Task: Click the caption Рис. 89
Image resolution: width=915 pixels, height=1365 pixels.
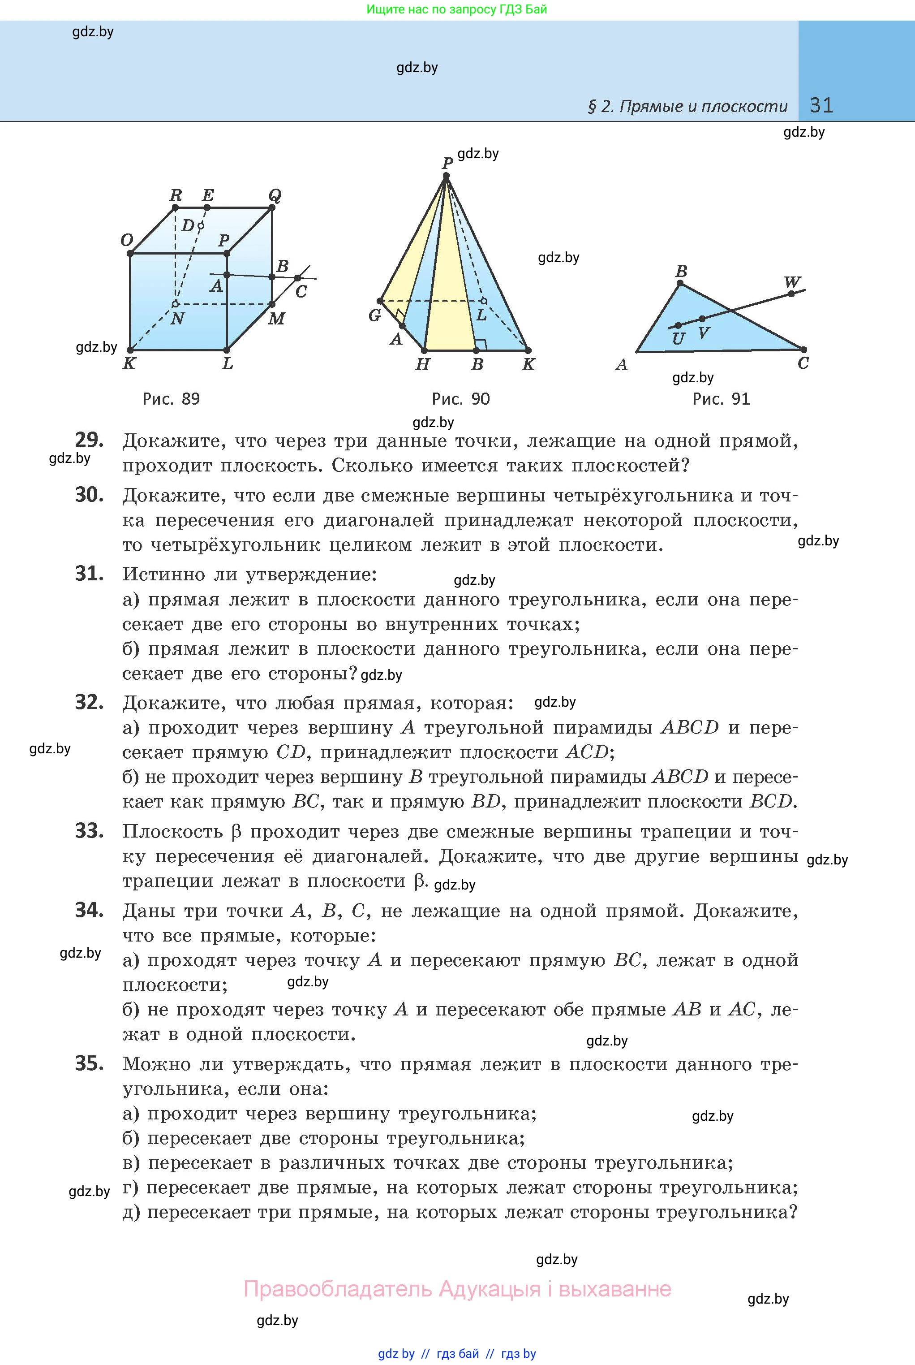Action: pyautogui.click(x=171, y=399)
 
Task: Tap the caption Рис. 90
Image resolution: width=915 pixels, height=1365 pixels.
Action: pyautogui.click(x=460, y=399)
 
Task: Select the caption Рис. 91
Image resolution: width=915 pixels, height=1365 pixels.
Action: pyautogui.click(x=721, y=399)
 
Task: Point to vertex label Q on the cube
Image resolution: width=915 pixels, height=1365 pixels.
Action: pyautogui.click(x=274, y=195)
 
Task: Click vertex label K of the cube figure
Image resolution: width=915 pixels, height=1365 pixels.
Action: pyautogui.click(x=129, y=364)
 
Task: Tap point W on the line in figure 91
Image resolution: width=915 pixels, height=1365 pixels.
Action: pyautogui.click(x=791, y=293)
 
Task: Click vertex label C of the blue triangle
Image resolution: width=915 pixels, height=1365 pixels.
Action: pyautogui.click(x=803, y=363)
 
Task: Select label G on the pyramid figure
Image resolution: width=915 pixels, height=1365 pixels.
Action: pyautogui.click(x=374, y=316)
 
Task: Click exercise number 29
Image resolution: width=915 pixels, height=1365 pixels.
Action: pyautogui.click(x=89, y=440)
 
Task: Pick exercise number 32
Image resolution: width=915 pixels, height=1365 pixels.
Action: pyautogui.click(x=89, y=702)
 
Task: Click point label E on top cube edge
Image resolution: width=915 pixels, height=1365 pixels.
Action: pyautogui.click(x=207, y=195)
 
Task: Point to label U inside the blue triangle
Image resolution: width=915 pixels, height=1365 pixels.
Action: pyautogui.click(x=678, y=339)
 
